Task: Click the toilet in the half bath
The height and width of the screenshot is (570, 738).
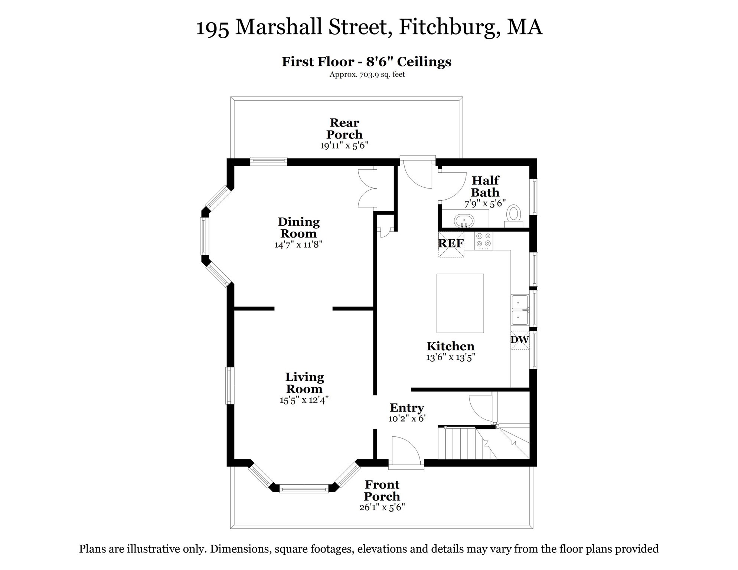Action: pos(514,216)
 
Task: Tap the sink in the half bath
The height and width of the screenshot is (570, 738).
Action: pos(464,221)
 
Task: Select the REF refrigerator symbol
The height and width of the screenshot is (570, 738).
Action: pos(451,244)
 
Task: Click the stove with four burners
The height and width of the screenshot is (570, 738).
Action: pos(484,240)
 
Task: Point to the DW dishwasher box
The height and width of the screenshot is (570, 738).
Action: pos(520,340)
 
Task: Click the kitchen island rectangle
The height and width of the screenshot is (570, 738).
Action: pos(460,303)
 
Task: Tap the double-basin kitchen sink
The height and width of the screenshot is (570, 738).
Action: pos(520,310)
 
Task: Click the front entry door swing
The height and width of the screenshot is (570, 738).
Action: pos(405,450)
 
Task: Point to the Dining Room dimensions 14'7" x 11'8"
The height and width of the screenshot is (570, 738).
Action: pos(298,245)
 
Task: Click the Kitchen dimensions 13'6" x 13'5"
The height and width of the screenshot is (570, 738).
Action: pos(451,358)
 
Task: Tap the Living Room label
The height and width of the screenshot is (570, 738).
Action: pos(304,383)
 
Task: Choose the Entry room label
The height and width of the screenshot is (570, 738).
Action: pos(407,408)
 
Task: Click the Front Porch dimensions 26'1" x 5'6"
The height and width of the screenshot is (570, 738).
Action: pos(382,507)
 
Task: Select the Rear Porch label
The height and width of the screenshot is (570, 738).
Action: pos(344,128)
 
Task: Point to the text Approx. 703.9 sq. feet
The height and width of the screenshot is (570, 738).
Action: pos(367,75)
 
